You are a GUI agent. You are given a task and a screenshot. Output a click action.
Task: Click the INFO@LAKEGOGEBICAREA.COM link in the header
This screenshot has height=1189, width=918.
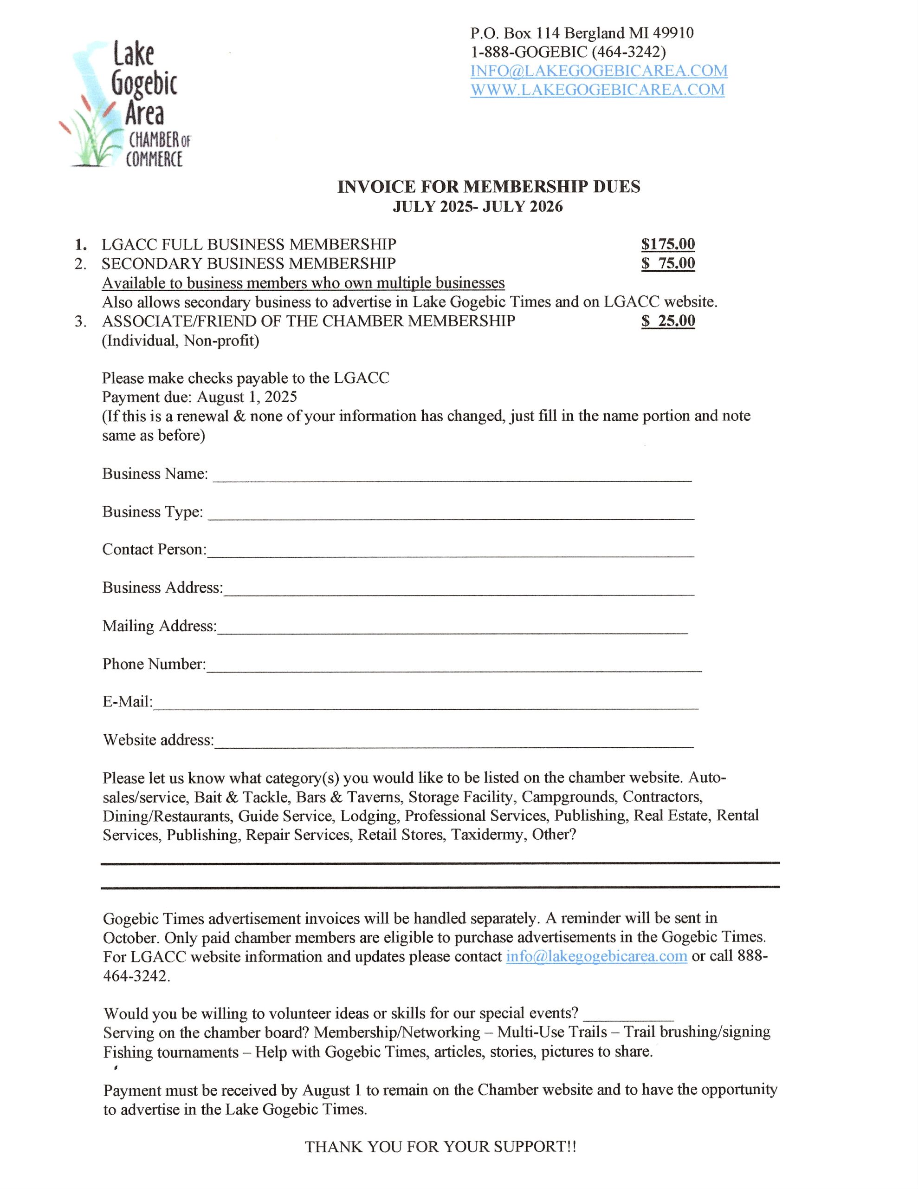pos(599,71)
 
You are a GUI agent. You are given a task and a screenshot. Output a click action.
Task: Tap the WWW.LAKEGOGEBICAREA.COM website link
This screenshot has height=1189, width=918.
pos(597,90)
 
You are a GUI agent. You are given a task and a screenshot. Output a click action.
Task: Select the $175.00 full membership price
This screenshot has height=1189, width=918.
pos(668,244)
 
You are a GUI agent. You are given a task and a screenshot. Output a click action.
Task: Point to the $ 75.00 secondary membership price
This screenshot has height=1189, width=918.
pos(668,263)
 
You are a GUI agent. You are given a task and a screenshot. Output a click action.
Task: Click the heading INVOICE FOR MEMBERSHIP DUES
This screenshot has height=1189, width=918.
pos(488,187)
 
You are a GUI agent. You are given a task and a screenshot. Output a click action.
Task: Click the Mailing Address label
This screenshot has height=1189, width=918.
pos(159,626)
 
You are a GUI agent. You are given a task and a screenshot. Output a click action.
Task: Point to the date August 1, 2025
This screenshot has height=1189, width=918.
pos(246,397)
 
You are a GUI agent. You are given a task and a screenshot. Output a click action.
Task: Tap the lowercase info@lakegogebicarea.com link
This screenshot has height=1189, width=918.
pos(596,956)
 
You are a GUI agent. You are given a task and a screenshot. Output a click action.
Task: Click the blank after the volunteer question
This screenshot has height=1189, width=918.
pos(628,1014)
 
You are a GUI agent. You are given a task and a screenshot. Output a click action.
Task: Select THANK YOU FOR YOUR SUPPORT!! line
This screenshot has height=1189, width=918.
pos(440,1147)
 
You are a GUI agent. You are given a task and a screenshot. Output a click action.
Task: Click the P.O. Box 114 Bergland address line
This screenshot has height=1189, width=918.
pos(582,33)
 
